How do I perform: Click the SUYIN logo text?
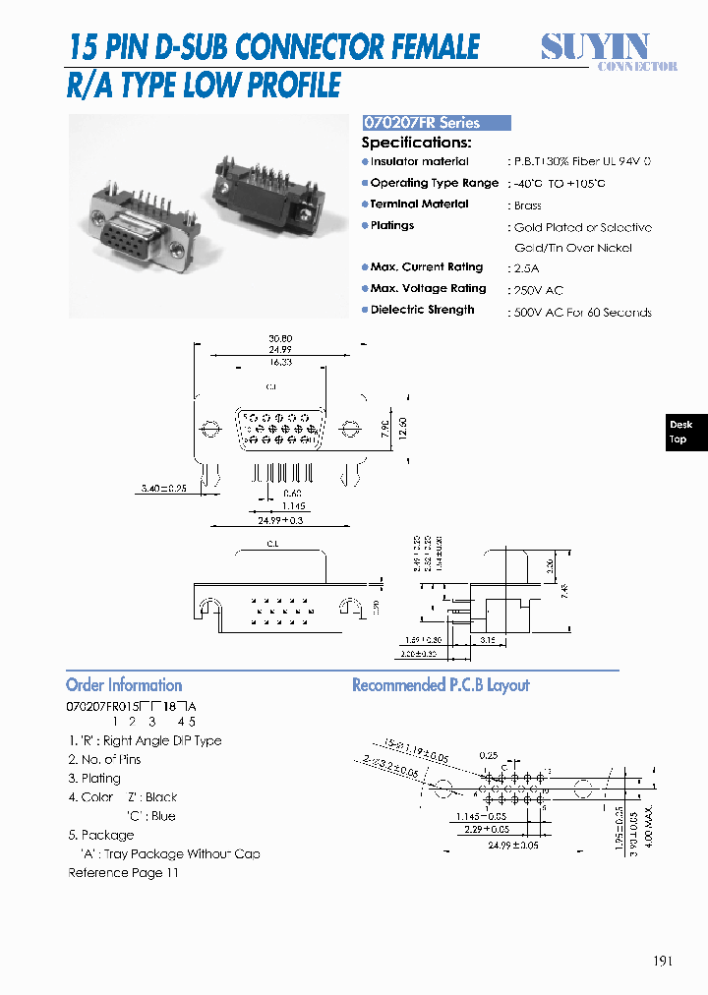point(595,45)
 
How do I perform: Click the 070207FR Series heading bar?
point(437,123)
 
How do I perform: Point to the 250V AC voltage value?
point(538,290)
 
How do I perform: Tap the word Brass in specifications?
point(528,205)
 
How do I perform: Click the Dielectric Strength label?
point(422,310)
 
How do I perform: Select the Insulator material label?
point(419,161)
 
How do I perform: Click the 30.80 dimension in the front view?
point(279,338)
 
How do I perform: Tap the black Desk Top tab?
point(680,432)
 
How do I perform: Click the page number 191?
point(662,961)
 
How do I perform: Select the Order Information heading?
point(124,685)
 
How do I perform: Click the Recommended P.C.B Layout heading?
point(441,685)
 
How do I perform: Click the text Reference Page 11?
point(123,872)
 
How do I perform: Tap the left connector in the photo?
point(138,226)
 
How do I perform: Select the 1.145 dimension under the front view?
point(293,505)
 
